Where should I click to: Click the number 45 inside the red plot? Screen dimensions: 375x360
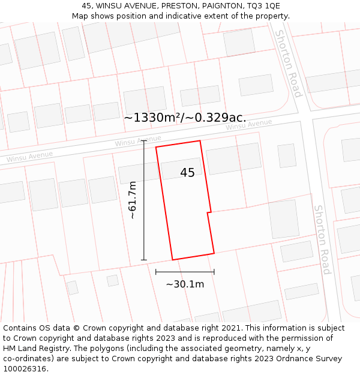coord(187,173)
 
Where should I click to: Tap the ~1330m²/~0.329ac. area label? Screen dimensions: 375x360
coord(185,118)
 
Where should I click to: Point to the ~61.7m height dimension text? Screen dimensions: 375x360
coord(133,200)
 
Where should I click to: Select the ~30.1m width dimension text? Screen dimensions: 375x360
coord(185,284)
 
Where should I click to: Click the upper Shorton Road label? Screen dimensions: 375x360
coord(287,63)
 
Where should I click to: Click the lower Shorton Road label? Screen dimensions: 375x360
coord(323,239)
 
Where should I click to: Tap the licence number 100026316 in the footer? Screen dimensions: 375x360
coord(25,369)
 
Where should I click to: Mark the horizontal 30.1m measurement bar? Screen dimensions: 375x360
coord(185,272)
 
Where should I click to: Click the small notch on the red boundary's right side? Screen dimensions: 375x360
coord(208,212)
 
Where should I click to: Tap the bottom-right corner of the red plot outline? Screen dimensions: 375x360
coord(214,254)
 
